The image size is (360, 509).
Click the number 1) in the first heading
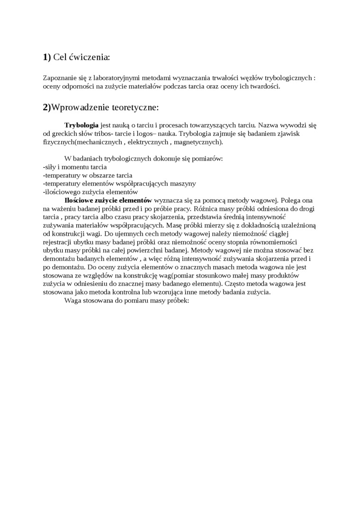46,57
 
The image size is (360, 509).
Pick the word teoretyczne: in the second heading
136,107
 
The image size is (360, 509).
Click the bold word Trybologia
81,125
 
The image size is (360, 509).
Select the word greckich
65,134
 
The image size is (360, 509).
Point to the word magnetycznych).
197,142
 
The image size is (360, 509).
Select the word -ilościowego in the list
61,192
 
